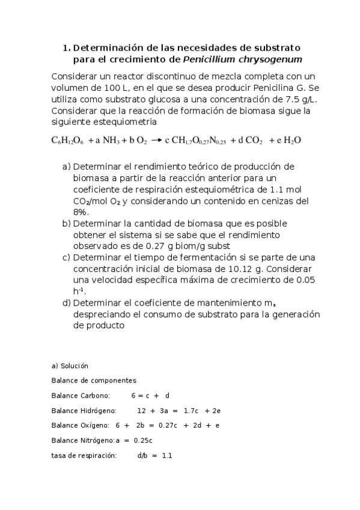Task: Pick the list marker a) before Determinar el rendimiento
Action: tap(67, 167)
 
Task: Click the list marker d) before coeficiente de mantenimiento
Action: tap(67, 303)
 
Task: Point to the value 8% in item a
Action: tap(81, 212)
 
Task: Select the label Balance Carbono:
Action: tap(81, 396)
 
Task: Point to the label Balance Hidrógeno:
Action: tap(83, 411)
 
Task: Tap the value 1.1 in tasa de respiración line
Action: tap(167, 456)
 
